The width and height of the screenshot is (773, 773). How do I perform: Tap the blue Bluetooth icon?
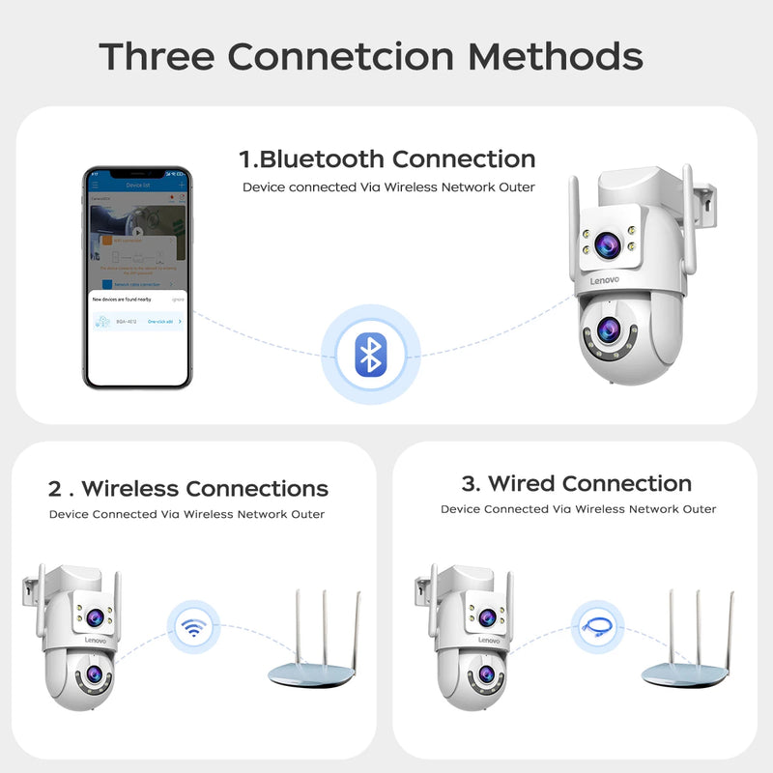coord(369,355)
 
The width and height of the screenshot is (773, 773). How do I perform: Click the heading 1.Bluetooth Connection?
coord(386,158)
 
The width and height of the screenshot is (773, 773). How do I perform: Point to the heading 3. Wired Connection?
coord(576,483)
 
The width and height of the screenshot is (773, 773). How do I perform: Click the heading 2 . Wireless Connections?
coord(188,489)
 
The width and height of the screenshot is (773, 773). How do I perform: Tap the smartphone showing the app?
coord(136,277)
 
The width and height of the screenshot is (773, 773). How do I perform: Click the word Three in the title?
coord(157,56)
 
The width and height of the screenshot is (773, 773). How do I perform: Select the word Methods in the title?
coord(557,56)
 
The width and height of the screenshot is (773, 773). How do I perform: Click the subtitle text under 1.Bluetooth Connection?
coord(387,187)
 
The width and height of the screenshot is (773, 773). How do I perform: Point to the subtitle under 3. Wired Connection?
coord(578,509)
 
